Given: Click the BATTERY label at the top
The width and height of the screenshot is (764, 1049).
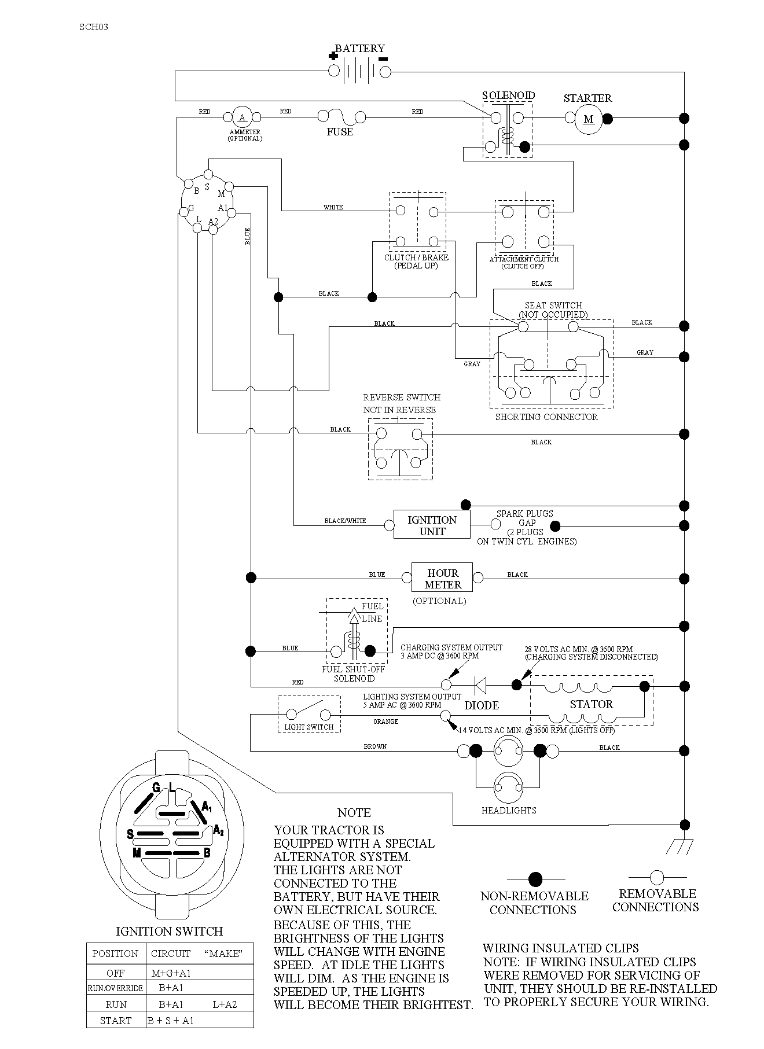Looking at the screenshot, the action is (360, 49).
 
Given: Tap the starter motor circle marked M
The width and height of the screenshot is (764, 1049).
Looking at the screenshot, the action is (589, 119).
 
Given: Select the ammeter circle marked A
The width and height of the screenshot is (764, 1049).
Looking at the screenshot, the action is (243, 118).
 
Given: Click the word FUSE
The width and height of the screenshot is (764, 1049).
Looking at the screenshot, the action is (340, 132).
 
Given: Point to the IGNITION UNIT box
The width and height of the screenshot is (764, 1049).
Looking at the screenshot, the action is (432, 525).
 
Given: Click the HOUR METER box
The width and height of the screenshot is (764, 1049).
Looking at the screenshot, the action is (442, 577).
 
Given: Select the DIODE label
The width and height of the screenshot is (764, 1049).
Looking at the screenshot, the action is (482, 705).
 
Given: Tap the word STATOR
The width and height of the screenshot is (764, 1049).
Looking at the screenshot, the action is (591, 704).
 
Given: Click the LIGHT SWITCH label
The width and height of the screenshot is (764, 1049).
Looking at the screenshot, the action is (309, 727).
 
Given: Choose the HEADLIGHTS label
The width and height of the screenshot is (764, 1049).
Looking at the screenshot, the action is (509, 811).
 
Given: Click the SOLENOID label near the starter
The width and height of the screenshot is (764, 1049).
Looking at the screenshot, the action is (509, 95).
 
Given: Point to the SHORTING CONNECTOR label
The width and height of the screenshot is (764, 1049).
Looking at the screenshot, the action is (546, 417).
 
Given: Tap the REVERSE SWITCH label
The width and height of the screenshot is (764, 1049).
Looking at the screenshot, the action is (402, 397).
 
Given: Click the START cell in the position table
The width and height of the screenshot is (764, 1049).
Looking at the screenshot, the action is (116, 1021).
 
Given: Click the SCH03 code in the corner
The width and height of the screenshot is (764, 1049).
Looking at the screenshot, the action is (94, 27).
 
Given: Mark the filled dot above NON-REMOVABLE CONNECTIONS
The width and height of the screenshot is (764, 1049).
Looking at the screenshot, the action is (535, 879).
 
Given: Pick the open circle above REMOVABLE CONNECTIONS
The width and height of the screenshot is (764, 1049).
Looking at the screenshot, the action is (656, 877).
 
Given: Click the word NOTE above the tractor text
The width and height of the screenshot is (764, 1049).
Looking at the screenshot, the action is (354, 812).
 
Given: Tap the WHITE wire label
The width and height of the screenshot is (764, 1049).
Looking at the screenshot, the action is (333, 207).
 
